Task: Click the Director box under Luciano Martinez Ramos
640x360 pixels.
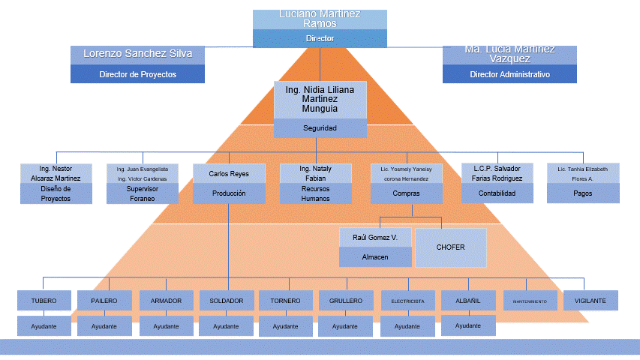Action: [x=320, y=38]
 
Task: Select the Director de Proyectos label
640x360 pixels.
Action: [x=137, y=74]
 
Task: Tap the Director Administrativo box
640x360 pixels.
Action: [x=509, y=74]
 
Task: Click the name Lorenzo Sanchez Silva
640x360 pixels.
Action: [x=137, y=54]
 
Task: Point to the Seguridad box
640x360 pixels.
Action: [x=320, y=128]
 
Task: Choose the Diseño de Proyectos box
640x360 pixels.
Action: [x=56, y=193]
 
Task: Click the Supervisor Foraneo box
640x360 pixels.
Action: [x=143, y=193]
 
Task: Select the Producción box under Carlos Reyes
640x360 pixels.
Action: [x=229, y=193]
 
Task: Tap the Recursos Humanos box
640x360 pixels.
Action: [x=315, y=193]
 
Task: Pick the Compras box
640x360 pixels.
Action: [x=406, y=193]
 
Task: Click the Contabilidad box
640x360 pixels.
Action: [x=497, y=193]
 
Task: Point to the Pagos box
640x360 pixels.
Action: [x=582, y=193]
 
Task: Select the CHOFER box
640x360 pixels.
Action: [x=450, y=247]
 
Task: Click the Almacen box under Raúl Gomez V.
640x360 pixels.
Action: [x=375, y=256]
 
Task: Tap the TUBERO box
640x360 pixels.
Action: [x=44, y=301]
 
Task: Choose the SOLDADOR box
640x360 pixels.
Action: [x=227, y=301]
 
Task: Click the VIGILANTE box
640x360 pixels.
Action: [x=590, y=301]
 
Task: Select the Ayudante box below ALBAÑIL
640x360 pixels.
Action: [x=468, y=325]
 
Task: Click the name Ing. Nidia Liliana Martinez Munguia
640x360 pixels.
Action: [x=320, y=98]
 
